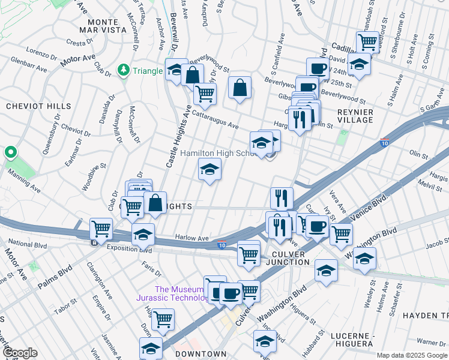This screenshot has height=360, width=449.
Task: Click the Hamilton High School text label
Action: [218, 154]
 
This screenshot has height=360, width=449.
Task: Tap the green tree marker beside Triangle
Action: [124, 70]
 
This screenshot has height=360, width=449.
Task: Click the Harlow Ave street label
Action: [191, 238]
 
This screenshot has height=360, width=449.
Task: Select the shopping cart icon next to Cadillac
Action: [367, 42]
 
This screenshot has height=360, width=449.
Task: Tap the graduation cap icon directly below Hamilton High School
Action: [209, 169]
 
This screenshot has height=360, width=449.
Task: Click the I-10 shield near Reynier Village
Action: [384, 143]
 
